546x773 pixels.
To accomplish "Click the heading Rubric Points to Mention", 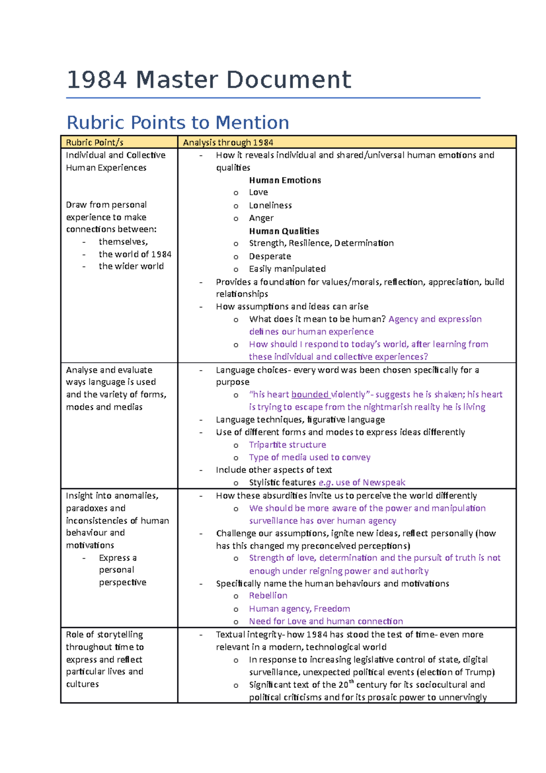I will point(177,122).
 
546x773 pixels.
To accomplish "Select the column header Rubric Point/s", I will point(95,142).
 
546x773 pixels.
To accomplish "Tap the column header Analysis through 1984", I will point(228,142).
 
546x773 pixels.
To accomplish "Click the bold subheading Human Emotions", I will point(285,180).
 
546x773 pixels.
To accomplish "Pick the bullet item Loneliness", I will point(270,205).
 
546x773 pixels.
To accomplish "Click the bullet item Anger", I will point(261,218).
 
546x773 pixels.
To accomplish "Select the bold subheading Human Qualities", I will point(284,231).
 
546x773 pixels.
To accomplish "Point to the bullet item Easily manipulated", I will point(287,269).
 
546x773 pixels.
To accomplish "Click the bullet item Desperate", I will point(270,256).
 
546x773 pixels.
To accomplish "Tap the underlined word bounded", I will point(310,394).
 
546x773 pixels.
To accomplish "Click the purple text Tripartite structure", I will point(287,445).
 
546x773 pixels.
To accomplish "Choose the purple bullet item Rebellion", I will point(268,595).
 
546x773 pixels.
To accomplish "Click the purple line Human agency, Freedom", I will point(299,609).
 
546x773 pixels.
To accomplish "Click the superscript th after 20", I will point(351,681).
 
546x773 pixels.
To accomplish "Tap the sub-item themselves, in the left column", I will point(123,242).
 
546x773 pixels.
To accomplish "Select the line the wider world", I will point(131,266).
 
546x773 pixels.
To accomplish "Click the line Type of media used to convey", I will point(309,457).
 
